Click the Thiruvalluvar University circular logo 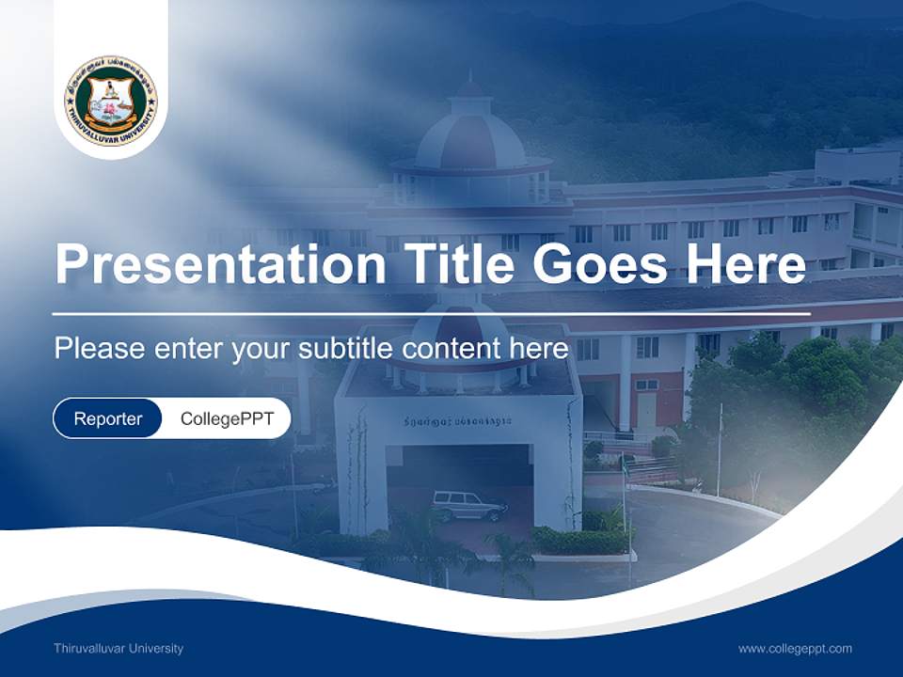click(111, 100)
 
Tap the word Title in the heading click(457, 264)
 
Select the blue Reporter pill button click(108, 418)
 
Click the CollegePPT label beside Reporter click(227, 418)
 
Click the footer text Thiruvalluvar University click(119, 649)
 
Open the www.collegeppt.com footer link click(795, 649)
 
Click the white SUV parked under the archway click(468, 506)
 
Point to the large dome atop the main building click(470, 132)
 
